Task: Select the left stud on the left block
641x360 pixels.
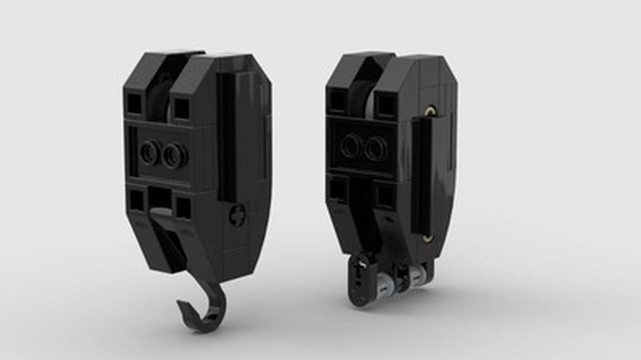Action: click(150, 153)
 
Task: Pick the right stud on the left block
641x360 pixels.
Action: click(174, 154)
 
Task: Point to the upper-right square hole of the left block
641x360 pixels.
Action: click(181, 108)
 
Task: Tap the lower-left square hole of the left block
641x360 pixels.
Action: click(136, 200)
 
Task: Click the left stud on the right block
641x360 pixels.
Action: click(351, 146)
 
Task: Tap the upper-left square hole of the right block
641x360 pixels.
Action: click(338, 99)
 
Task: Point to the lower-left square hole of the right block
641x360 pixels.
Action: click(338, 190)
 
